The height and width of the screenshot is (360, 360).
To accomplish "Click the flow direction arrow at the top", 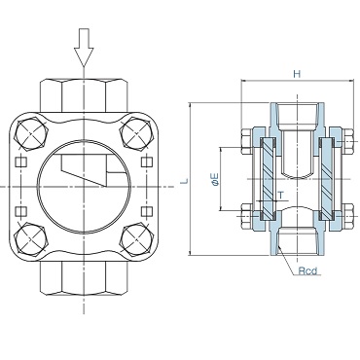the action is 84,47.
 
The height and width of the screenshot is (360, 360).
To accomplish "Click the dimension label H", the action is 297,74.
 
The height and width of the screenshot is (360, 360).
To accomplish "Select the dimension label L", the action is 184,181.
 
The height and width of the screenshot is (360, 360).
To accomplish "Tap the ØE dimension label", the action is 215,179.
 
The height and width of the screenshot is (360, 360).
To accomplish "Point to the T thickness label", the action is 281,196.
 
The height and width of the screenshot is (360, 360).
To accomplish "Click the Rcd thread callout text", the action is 307,270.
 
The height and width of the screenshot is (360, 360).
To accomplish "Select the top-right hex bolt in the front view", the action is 136,134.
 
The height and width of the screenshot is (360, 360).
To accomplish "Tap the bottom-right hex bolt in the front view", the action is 136,239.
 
